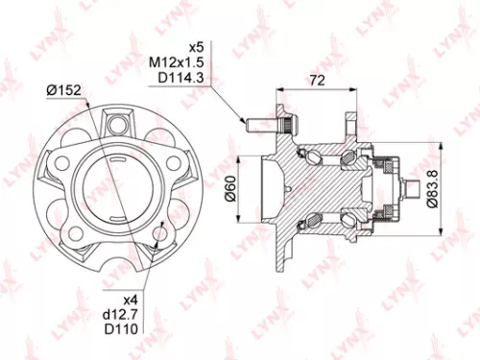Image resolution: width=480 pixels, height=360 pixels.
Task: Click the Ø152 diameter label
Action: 62,90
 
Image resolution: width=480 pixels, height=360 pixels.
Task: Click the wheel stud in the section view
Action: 257,125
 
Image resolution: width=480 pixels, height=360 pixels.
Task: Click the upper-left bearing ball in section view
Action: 313,152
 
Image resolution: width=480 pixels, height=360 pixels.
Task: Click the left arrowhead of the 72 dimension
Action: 277,86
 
